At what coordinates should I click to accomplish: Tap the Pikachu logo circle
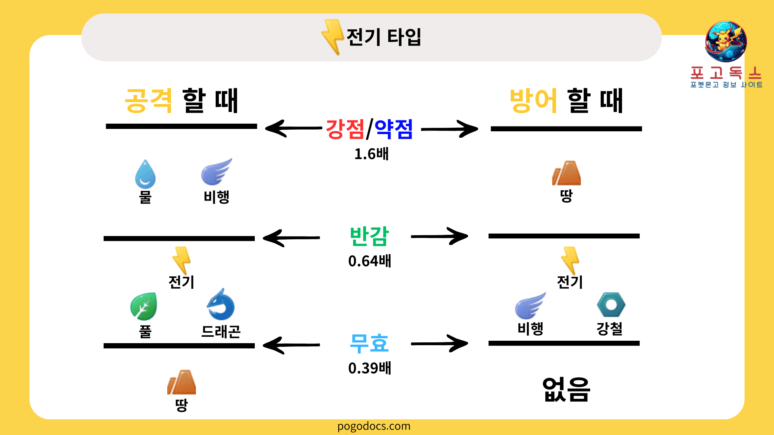click(726, 41)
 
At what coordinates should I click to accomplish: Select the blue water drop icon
click(145, 174)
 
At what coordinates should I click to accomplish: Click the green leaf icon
click(144, 307)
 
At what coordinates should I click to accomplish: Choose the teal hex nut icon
click(611, 305)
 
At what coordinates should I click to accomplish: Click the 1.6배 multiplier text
click(371, 154)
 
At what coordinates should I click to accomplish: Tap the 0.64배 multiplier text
click(370, 261)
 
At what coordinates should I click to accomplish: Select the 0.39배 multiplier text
click(370, 368)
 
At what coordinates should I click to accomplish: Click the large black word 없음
click(566, 389)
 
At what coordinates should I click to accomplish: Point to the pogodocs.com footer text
click(374, 426)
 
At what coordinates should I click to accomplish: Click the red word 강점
click(345, 129)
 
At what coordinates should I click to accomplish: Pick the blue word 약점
click(394, 129)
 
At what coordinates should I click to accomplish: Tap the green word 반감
click(369, 236)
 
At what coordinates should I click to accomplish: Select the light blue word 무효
click(369, 343)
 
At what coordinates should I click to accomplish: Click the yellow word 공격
click(148, 101)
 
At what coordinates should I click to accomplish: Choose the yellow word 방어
click(533, 101)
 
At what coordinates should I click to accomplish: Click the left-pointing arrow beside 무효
click(291, 345)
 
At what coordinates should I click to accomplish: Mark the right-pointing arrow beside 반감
click(439, 236)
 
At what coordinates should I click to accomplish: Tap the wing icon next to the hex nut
click(530, 306)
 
